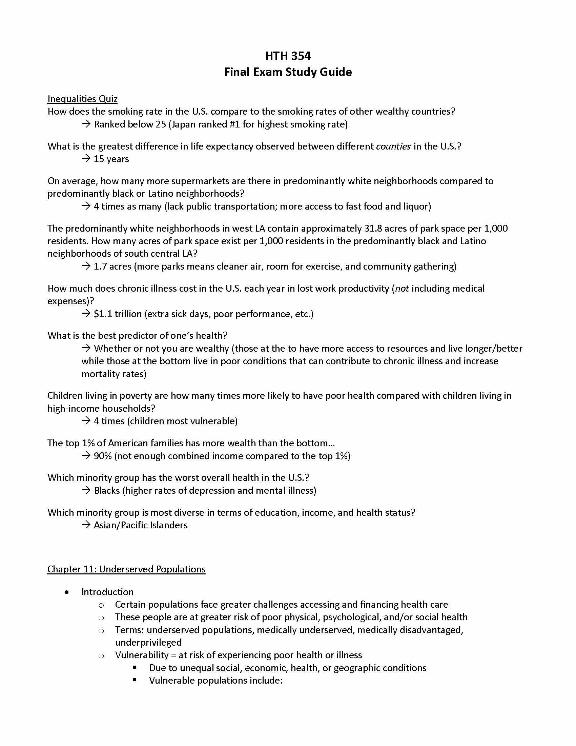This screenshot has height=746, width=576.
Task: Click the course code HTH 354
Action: (x=288, y=56)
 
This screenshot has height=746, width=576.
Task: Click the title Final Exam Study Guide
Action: (x=288, y=72)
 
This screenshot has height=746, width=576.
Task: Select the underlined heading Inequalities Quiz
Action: (x=82, y=99)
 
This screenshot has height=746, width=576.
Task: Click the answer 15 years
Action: (x=111, y=159)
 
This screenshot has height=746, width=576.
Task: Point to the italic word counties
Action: (x=393, y=146)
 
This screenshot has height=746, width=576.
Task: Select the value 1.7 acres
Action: (x=112, y=267)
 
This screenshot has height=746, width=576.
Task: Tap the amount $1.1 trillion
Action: (x=118, y=314)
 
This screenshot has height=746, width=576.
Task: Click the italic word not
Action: (x=402, y=289)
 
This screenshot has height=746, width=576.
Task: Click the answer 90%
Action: (x=103, y=456)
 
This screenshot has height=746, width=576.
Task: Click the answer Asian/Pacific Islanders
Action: (x=141, y=525)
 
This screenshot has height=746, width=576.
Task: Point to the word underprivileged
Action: (x=148, y=643)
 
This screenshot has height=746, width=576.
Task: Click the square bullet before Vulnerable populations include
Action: (x=135, y=680)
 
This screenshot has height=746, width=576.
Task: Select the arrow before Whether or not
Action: (x=86, y=348)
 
